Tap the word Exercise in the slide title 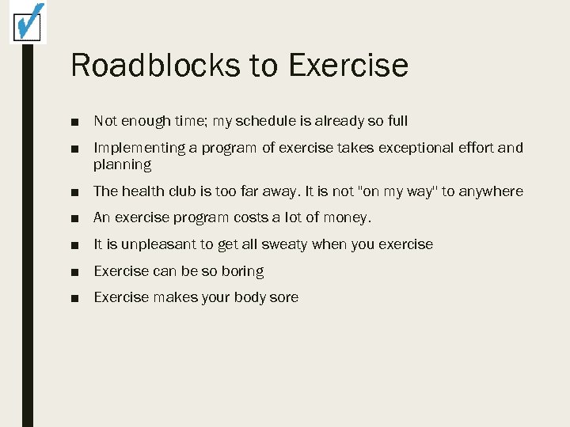pos(348,65)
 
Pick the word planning pos(122,165)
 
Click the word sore pos(283,297)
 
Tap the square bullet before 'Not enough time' pos(74,122)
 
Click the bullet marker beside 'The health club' pos(74,192)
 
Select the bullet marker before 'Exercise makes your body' pos(74,298)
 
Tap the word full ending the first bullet pos(397,121)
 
